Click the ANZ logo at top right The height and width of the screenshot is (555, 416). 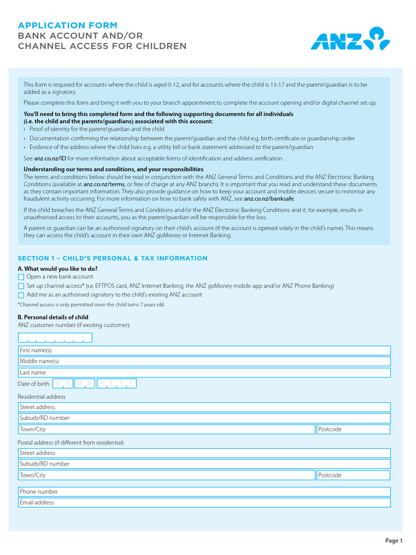click(x=350, y=38)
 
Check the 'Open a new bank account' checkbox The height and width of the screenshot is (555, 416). click(x=21, y=277)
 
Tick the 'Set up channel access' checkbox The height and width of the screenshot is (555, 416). click(x=21, y=286)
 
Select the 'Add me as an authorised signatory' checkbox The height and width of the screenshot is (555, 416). click(x=21, y=295)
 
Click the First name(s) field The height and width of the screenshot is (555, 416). click(x=204, y=351)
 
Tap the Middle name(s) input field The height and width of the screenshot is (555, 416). click(x=204, y=362)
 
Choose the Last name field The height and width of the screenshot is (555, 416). click(x=204, y=373)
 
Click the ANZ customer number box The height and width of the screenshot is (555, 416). click(x=55, y=338)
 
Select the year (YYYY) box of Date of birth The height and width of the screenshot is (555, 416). click(x=116, y=384)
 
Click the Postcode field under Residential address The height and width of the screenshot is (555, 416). click(x=353, y=429)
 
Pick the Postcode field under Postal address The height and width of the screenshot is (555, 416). click(x=353, y=475)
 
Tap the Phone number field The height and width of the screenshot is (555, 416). click(x=204, y=492)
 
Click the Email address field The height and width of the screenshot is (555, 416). click(x=204, y=503)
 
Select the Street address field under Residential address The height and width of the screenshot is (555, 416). click(x=204, y=407)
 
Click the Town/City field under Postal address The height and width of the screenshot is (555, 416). click(x=166, y=475)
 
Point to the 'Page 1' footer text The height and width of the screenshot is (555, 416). click(x=394, y=540)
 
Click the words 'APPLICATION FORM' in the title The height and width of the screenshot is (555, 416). click(x=67, y=25)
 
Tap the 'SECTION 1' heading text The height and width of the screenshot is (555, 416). click(x=112, y=259)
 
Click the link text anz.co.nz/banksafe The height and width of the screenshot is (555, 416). click(x=269, y=199)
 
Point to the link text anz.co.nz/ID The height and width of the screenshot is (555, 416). click(x=50, y=158)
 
